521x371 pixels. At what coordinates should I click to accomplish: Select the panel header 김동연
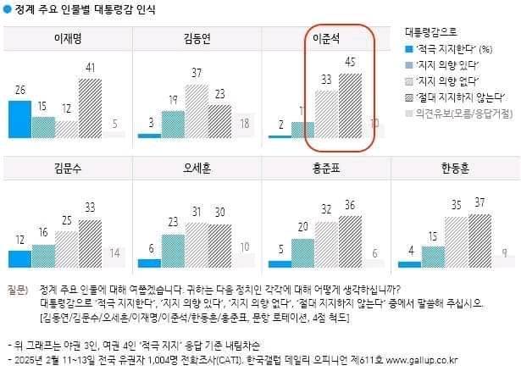[197, 39]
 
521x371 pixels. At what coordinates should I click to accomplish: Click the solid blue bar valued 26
[19, 119]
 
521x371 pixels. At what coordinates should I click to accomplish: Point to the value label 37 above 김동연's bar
[197, 73]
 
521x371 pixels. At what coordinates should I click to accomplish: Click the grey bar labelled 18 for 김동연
[243, 125]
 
